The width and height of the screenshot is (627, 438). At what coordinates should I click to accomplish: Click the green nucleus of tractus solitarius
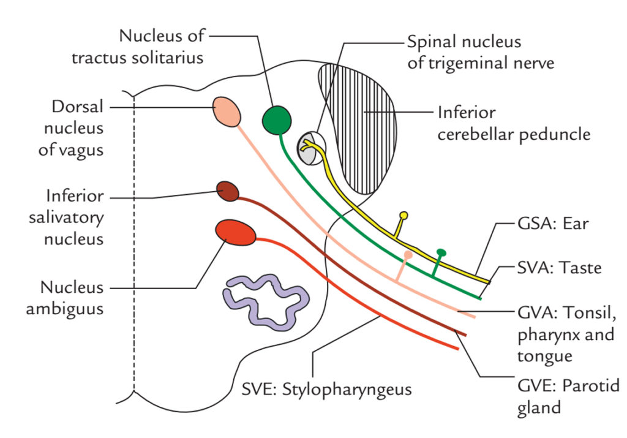tap(277, 119)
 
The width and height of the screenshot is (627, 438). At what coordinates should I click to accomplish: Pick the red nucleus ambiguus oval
tap(235, 233)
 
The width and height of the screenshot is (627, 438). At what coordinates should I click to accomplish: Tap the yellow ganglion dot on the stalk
tap(403, 216)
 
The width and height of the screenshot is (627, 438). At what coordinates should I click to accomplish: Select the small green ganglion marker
tap(441, 252)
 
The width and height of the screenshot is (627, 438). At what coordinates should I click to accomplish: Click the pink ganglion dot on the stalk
tap(408, 254)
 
